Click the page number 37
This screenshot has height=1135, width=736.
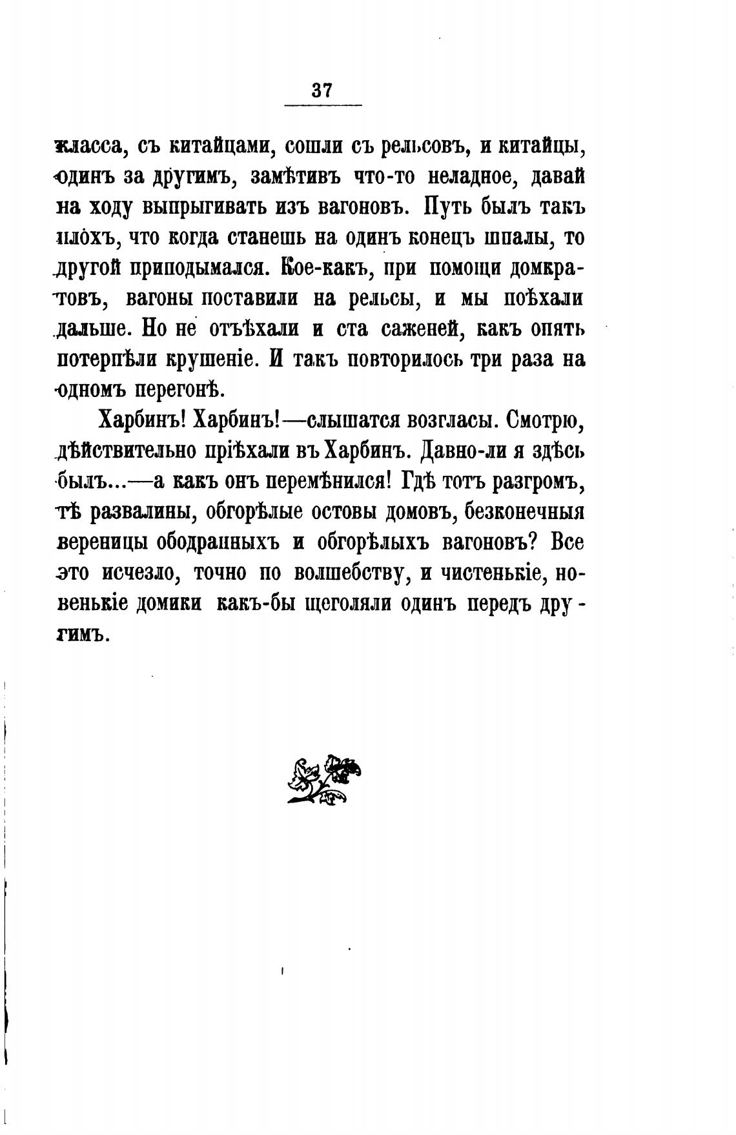pos(321,90)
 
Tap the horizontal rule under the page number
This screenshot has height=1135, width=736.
pos(323,105)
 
